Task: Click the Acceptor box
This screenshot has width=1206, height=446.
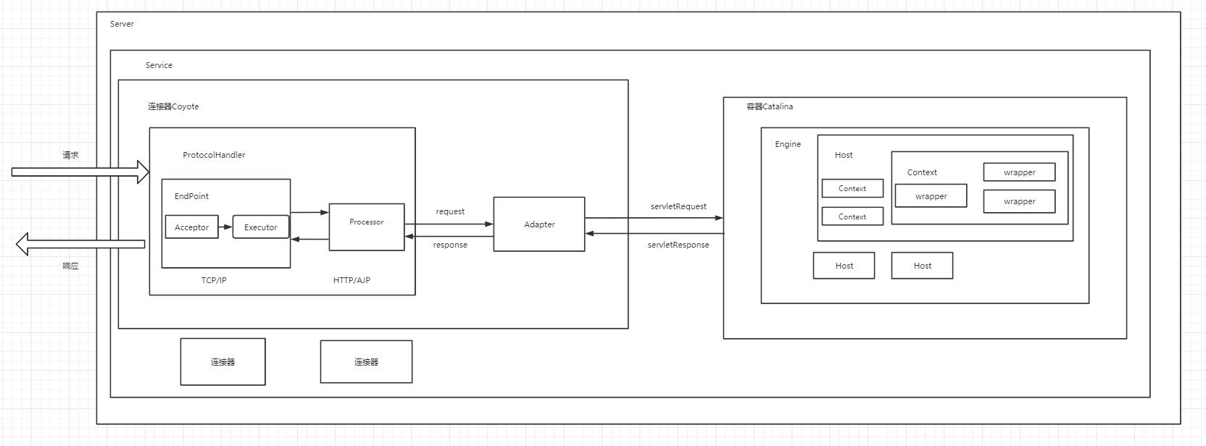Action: coord(191,227)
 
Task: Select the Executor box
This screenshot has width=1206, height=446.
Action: coord(260,227)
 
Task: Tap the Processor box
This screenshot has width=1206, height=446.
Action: coord(367,227)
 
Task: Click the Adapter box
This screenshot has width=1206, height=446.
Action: coord(539,224)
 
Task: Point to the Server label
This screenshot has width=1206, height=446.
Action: coord(122,24)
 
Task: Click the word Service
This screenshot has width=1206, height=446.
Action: coord(159,65)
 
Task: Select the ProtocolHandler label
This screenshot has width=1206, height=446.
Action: coord(214,155)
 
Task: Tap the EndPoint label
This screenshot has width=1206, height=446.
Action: coord(191,196)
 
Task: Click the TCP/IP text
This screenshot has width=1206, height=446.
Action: coord(214,280)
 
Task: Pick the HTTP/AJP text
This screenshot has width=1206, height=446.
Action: coord(352,280)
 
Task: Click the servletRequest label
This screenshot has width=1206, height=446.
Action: coord(678,206)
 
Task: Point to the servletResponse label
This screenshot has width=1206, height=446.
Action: coord(678,245)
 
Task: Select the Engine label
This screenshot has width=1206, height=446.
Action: coord(788,144)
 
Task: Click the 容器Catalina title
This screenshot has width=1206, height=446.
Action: coord(770,106)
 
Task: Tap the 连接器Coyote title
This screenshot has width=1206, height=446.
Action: coord(173,106)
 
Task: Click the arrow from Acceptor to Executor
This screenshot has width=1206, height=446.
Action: coord(225,227)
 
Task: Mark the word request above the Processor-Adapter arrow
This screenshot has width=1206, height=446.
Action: coord(450,211)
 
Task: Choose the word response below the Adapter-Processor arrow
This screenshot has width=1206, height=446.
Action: coord(450,245)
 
